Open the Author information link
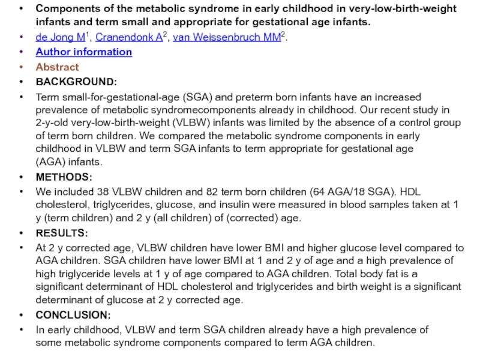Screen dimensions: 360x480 tap(83, 52)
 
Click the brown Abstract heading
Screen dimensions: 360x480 tap(57, 67)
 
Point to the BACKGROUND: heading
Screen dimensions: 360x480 tap(76, 82)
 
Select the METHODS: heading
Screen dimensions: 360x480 tap(64, 177)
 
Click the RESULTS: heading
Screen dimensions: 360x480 tap(62, 233)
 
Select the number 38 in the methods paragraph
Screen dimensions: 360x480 tap(103, 193)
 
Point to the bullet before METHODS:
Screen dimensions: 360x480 tap(22, 178)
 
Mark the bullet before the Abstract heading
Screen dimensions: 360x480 tap(22, 67)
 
